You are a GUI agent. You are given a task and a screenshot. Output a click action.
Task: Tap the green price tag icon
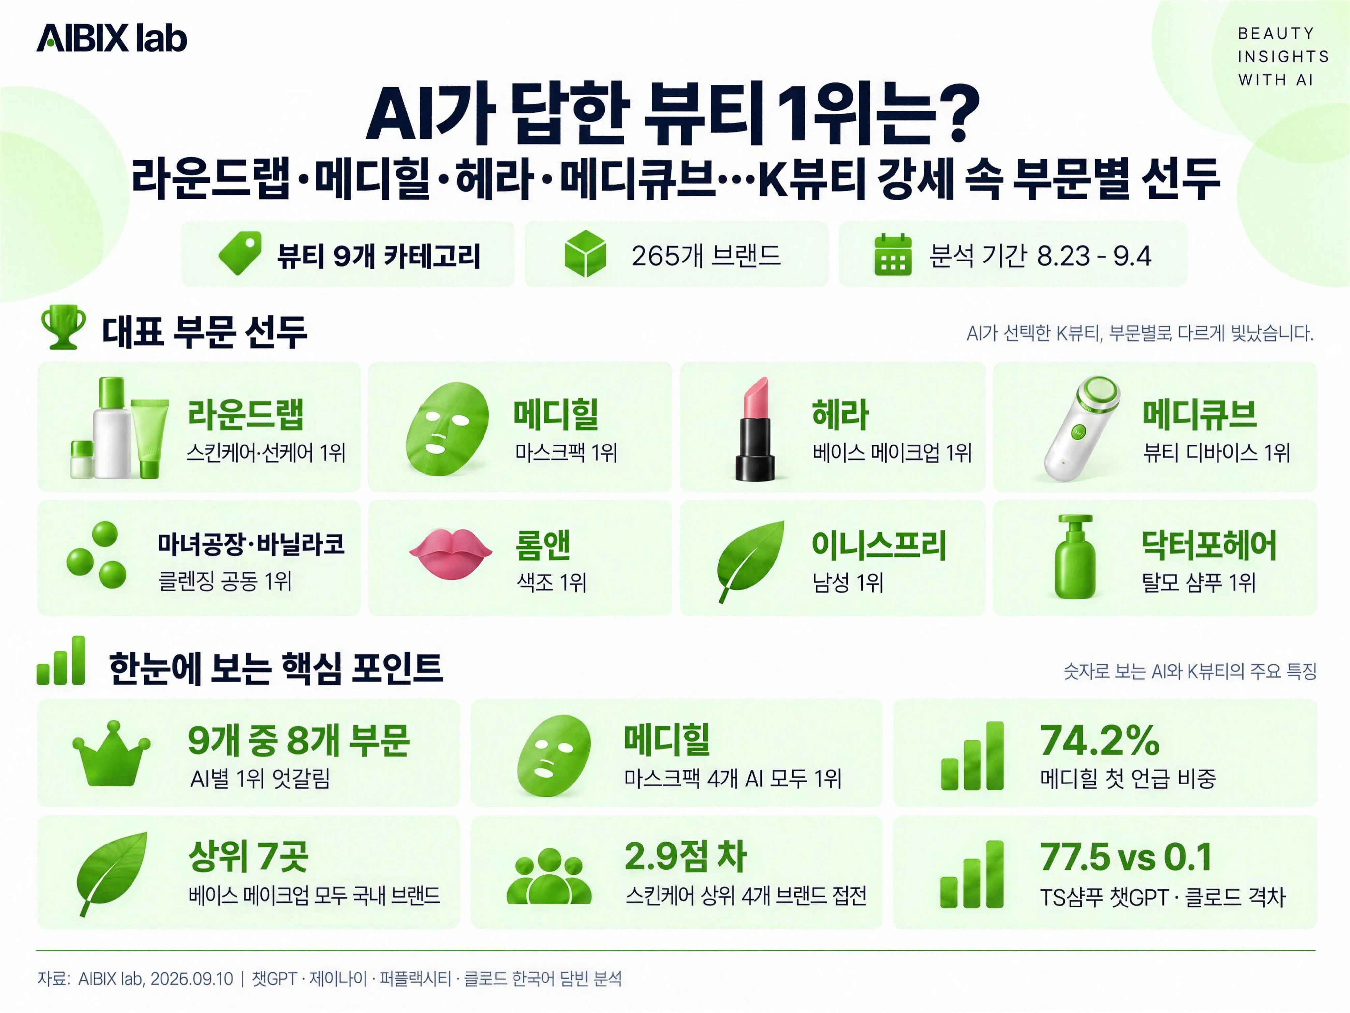(240, 253)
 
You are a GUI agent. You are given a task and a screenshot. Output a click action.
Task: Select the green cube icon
(585, 253)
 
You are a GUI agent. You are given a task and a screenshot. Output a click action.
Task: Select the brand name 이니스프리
(879, 545)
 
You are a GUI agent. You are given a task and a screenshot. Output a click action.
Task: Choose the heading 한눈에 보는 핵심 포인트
(275, 667)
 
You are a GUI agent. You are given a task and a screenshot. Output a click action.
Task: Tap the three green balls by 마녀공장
(97, 555)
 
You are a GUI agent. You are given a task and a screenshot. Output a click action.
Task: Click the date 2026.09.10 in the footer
(191, 979)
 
